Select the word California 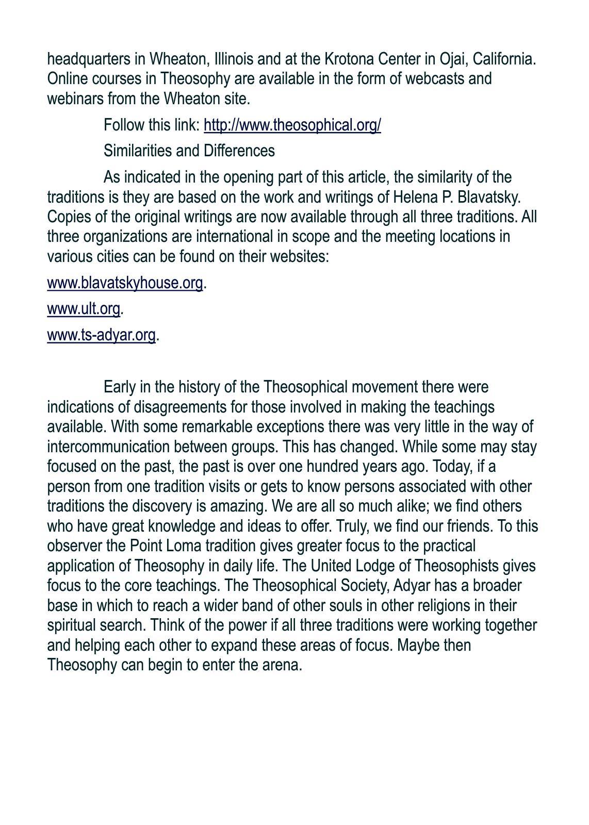click(x=504, y=59)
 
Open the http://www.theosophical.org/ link click(x=292, y=125)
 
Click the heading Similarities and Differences click(x=189, y=151)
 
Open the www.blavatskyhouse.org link click(x=125, y=283)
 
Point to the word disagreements click(x=180, y=407)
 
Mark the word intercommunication click(x=109, y=447)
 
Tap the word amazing click(x=238, y=506)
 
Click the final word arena click(x=283, y=665)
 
